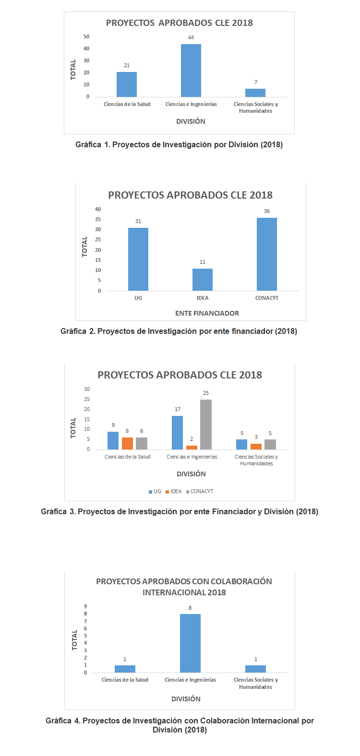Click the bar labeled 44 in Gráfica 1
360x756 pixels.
(191, 71)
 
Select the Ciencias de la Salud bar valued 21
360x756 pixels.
(127, 84)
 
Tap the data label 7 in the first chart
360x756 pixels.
(256, 82)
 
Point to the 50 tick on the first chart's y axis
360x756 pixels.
(86, 36)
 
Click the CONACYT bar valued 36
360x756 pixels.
(266, 254)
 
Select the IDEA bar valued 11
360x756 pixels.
(202, 280)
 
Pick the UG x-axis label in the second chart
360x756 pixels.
(138, 298)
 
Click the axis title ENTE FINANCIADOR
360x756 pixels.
(207, 313)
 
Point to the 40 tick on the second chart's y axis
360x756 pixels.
(98, 209)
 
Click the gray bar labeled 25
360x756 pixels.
(206, 425)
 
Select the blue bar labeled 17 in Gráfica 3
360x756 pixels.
(177, 433)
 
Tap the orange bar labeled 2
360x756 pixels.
(192, 448)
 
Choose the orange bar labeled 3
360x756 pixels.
(256, 447)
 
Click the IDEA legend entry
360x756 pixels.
(173, 491)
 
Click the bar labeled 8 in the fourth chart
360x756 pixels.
(190, 643)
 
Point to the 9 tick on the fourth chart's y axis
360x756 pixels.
(85, 606)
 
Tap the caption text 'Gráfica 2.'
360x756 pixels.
(78, 331)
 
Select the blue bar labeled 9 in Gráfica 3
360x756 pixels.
(113, 440)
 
